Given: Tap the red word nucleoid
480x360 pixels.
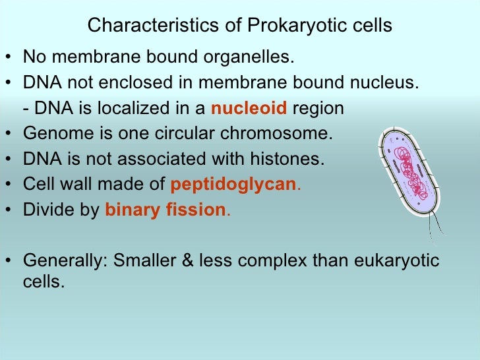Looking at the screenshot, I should point(249,109).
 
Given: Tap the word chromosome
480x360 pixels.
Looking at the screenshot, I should point(285,134).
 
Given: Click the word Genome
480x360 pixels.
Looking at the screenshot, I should point(55,134).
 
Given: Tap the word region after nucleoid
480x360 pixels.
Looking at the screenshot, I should point(318,109).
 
